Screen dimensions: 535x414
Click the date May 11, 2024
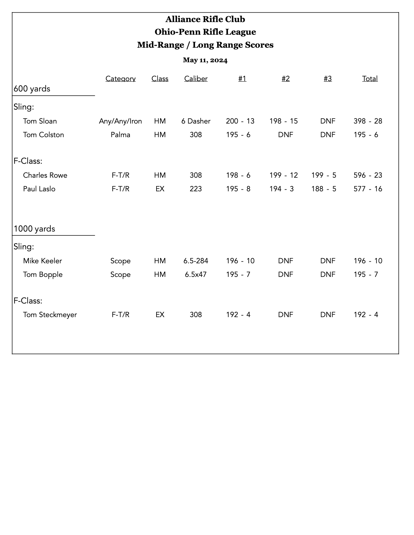pyautogui.click(x=205, y=60)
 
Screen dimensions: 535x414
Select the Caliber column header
pyautogui.click(x=196, y=78)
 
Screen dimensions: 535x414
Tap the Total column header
pyautogui.click(x=370, y=78)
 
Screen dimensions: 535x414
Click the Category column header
pyautogui.click(x=120, y=78)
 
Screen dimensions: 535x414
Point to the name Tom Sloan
pyautogui.click(x=40, y=121)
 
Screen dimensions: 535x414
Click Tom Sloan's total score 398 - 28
pyautogui.click(x=368, y=121)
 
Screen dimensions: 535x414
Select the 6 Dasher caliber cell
pyautogui.click(x=196, y=121)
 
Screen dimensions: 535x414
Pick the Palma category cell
pyautogui.click(x=120, y=135)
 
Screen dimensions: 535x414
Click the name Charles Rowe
pyautogui.click(x=45, y=175)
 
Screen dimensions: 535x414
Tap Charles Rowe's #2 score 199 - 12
pyautogui.click(x=283, y=175)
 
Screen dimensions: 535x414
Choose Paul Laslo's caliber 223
pyautogui.click(x=196, y=189)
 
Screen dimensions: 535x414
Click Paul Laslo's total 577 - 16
pyautogui.click(x=368, y=189)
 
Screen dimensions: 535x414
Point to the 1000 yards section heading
pyautogui.click(x=34, y=229)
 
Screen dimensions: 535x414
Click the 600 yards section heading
pyautogui.click(x=32, y=89)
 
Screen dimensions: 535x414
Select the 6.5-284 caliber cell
pyautogui.click(x=196, y=261)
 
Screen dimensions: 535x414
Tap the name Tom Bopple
pyautogui.click(x=43, y=274)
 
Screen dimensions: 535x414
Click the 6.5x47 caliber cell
pyautogui.click(x=196, y=274)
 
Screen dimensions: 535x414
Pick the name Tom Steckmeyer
pyautogui.click(x=50, y=315)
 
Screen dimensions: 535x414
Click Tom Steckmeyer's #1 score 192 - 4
pyautogui.click(x=238, y=315)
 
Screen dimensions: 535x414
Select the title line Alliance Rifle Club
pyautogui.click(x=205, y=19)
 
